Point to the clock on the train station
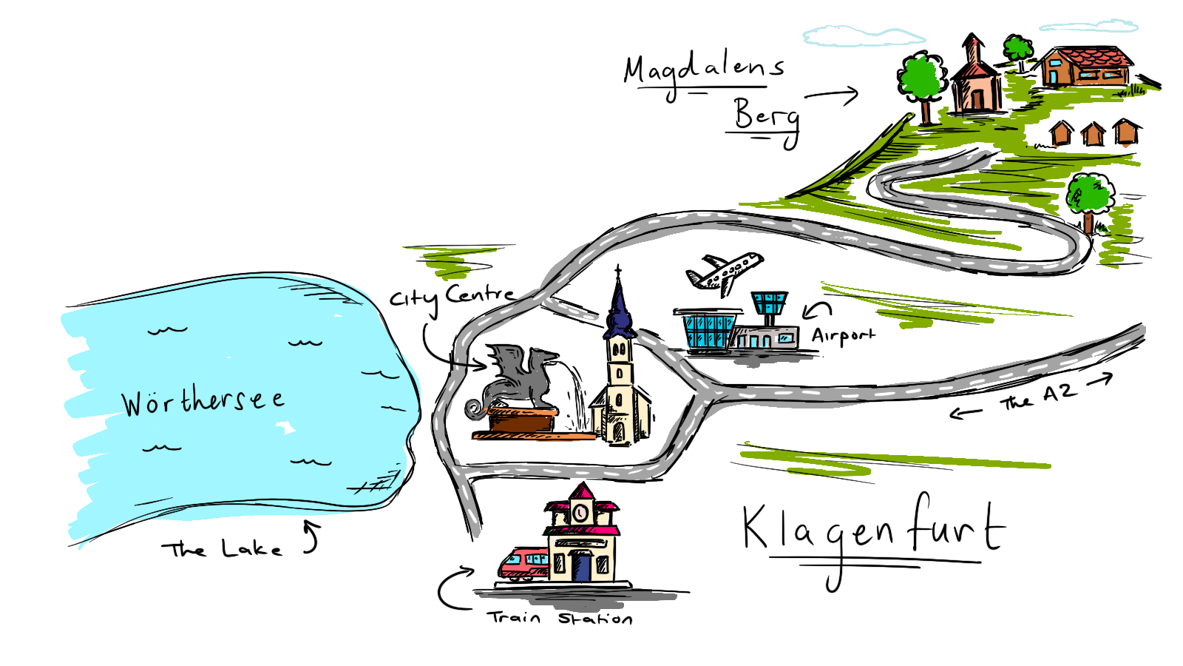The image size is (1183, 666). pos(581,511)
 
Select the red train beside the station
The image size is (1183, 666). pos(523,562)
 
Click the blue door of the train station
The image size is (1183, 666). pos(583,565)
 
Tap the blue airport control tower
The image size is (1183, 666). pos(767,303)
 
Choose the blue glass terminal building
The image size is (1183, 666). pos(709,332)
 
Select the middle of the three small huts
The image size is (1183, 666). pos(1092,133)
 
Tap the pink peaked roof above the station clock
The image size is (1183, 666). pos(582,494)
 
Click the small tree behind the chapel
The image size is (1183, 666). pos(1018,50)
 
